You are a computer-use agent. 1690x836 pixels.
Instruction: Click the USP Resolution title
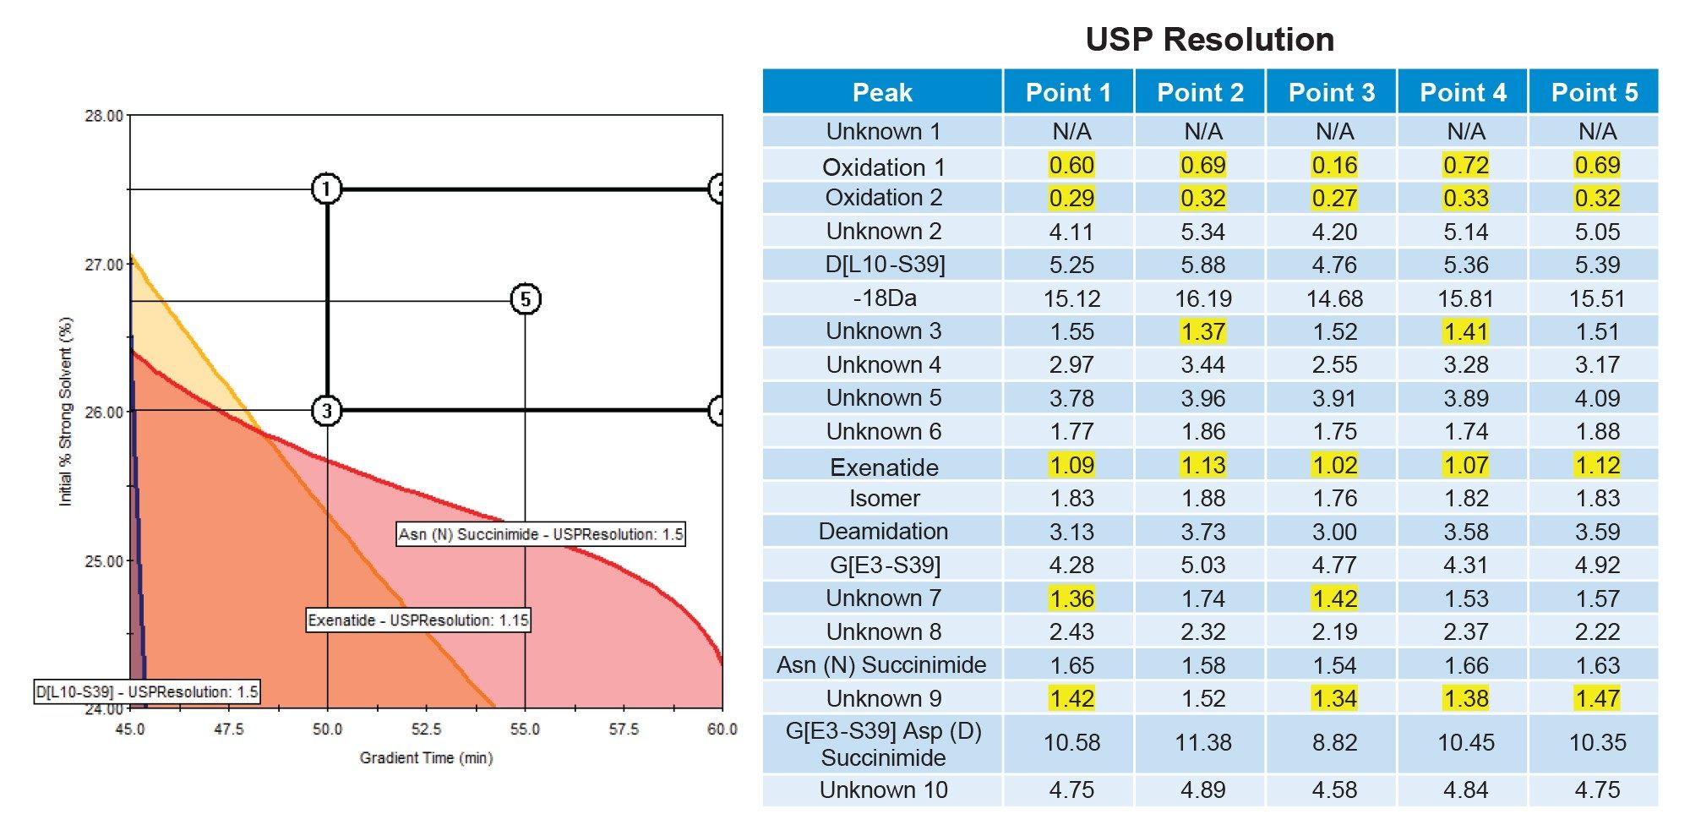tap(1209, 40)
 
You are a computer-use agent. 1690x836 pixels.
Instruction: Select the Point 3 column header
tap(1332, 92)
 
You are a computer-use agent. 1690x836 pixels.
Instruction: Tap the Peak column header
tap(882, 92)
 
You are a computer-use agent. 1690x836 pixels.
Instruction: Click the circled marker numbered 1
tap(327, 189)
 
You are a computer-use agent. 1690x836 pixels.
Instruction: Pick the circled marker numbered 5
tap(526, 299)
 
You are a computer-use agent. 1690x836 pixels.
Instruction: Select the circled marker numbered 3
tap(327, 411)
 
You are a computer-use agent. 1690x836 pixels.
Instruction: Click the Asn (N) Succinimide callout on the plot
tap(541, 534)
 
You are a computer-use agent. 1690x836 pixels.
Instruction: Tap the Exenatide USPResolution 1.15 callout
tap(417, 620)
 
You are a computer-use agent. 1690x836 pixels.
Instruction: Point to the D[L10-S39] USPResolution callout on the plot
tap(146, 692)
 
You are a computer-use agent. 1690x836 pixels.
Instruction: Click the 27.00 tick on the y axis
tap(103, 265)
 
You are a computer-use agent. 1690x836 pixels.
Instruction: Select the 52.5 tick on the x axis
tap(426, 729)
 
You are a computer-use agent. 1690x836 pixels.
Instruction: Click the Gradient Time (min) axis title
tap(426, 758)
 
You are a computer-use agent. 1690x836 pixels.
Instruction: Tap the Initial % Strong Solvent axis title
tap(65, 412)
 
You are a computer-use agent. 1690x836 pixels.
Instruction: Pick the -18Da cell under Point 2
tap(1202, 298)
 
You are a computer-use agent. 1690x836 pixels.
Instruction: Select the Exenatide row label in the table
tap(884, 467)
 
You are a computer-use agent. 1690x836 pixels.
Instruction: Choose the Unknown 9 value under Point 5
tap(1596, 699)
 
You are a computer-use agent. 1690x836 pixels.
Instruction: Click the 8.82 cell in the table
tap(1334, 743)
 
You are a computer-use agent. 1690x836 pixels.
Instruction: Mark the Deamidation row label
tap(883, 532)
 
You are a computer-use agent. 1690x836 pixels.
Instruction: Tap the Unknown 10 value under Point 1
tap(1071, 790)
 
